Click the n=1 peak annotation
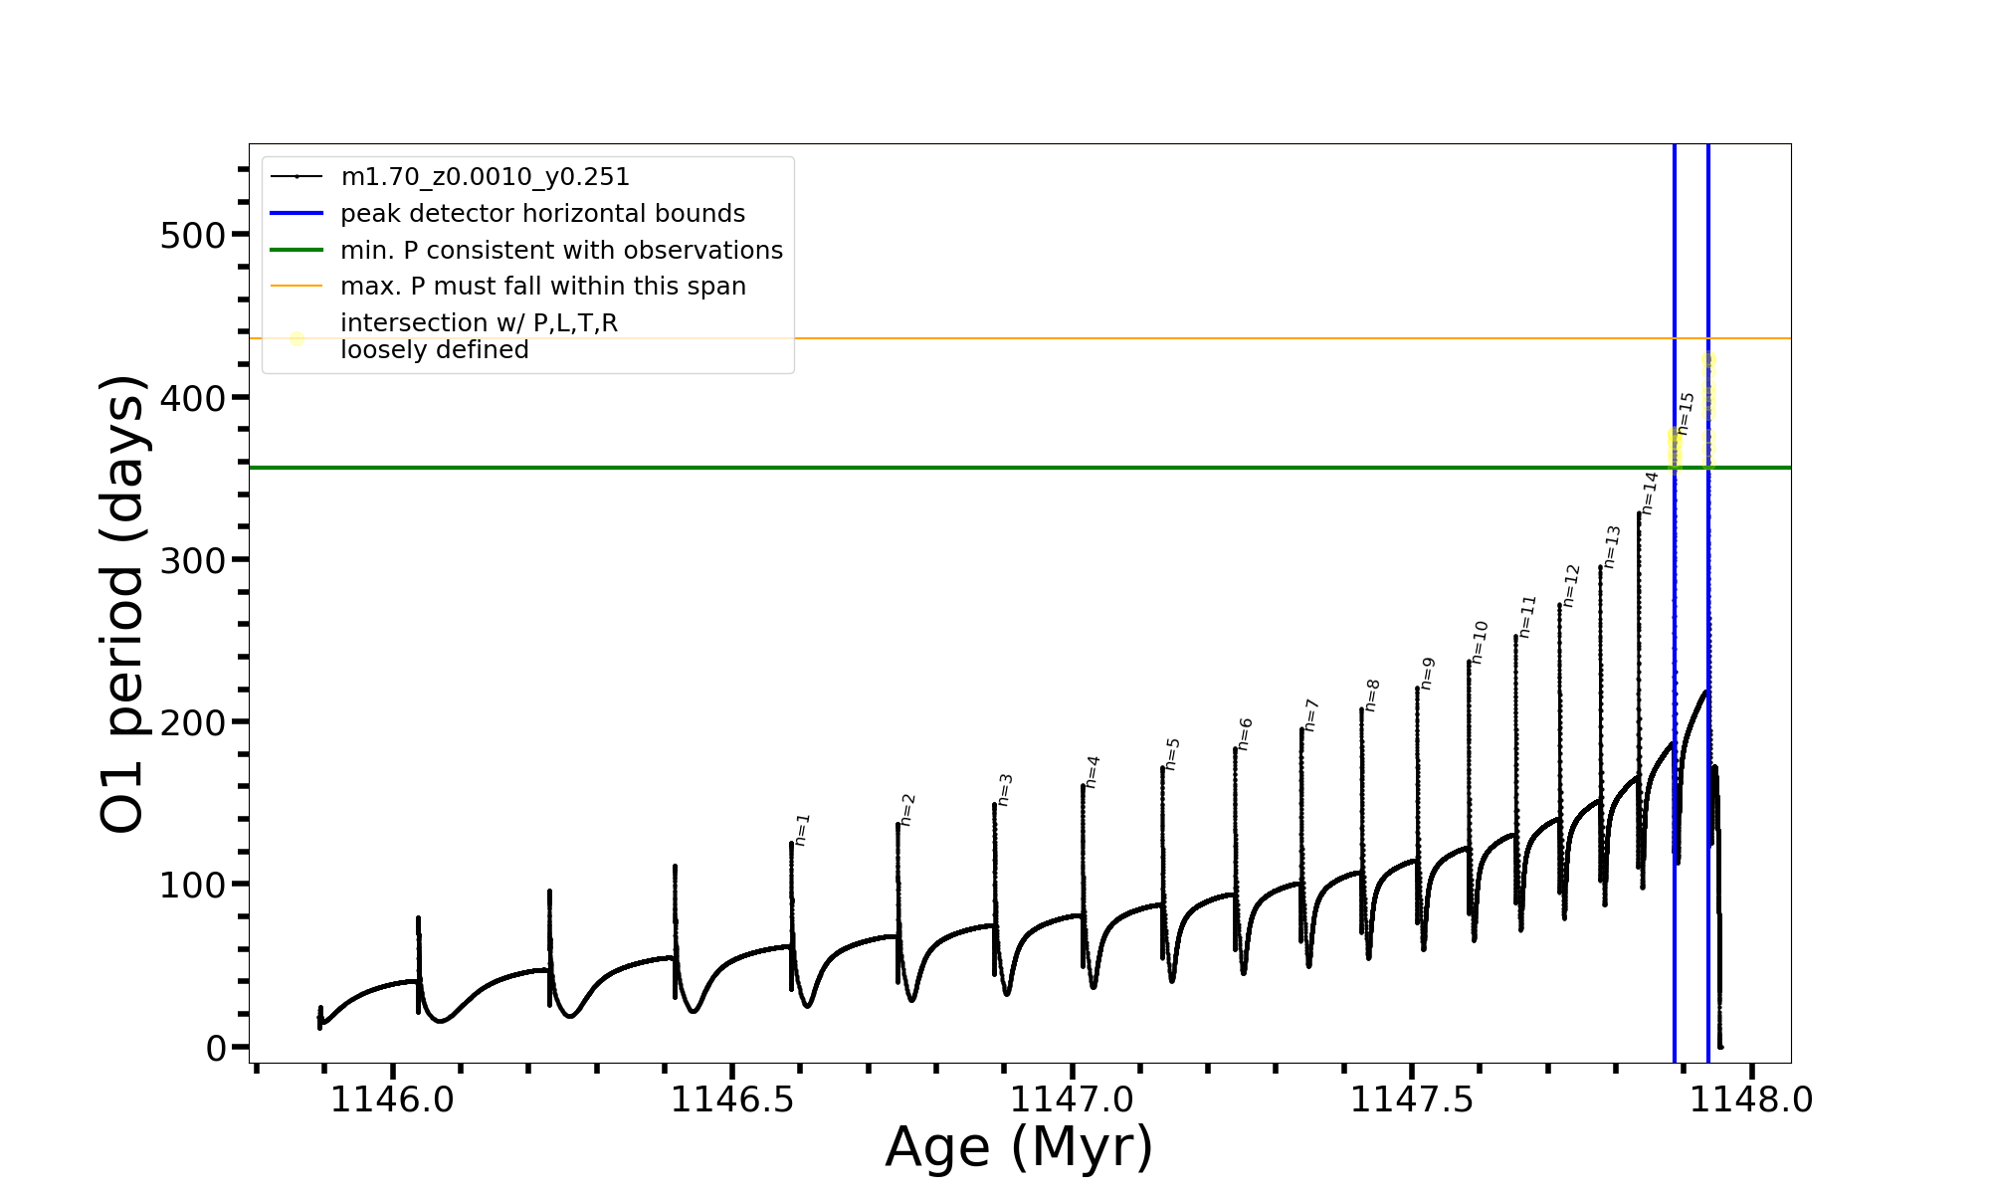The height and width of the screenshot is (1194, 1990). (x=803, y=830)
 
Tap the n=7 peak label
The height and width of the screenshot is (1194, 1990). (x=1311, y=715)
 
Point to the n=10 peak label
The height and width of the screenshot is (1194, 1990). (x=1480, y=642)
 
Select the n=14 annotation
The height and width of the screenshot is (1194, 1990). (x=1650, y=493)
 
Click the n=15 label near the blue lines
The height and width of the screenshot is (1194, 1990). (x=1686, y=413)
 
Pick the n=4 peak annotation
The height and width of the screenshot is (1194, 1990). (x=1093, y=772)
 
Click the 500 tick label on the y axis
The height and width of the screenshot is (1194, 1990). (x=192, y=236)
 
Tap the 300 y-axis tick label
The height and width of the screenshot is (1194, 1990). (x=192, y=561)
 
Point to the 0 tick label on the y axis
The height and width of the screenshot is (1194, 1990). (x=216, y=1048)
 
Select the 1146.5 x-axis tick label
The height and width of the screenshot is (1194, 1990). (x=731, y=1100)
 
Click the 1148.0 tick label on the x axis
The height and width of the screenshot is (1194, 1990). (x=1750, y=1100)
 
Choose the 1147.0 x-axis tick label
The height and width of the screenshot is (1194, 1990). (x=1072, y=1100)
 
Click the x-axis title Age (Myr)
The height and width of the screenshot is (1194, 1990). (x=1019, y=1147)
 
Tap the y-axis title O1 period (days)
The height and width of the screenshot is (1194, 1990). (x=123, y=604)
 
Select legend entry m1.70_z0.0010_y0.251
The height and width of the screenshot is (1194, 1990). (x=485, y=177)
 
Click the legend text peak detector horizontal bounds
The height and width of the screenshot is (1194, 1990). (x=542, y=214)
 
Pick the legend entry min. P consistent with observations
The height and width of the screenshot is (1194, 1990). (x=561, y=251)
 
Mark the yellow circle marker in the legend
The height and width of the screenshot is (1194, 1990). (x=297, y=338)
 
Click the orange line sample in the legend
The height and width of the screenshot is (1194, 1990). (x=297, y=287)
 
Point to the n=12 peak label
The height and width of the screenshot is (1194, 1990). (x=1571, y=585)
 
